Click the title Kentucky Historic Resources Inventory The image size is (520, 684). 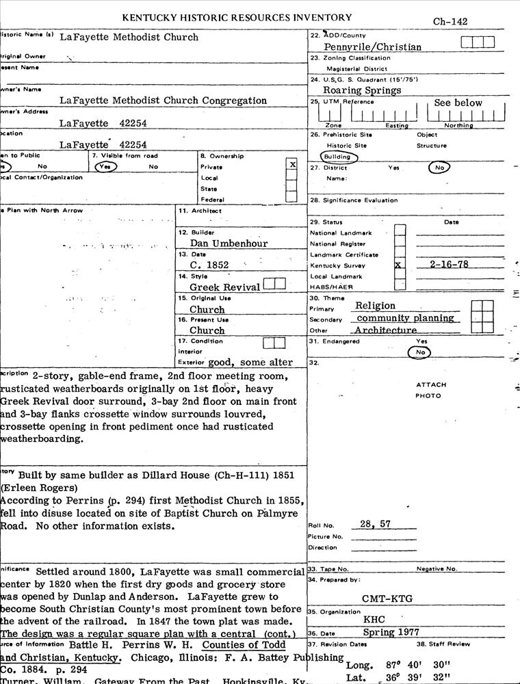[x=237, y=17]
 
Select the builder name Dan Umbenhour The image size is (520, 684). [x=229, y=243]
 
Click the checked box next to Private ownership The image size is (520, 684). [x=292, y=165]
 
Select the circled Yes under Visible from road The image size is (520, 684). [x=106, y=166]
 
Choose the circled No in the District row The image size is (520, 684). [x=439, y=167]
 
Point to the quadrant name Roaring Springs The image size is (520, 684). [x=363, y=90]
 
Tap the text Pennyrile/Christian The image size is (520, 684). [x=372, y=47]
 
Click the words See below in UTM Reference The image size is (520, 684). [x=458, y=103]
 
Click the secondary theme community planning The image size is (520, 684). [x=405, y=318]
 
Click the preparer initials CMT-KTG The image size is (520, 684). [x=388, y=598]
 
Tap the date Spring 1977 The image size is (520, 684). [x=391, y=632]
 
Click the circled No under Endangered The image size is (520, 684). [x=420, y=352]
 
